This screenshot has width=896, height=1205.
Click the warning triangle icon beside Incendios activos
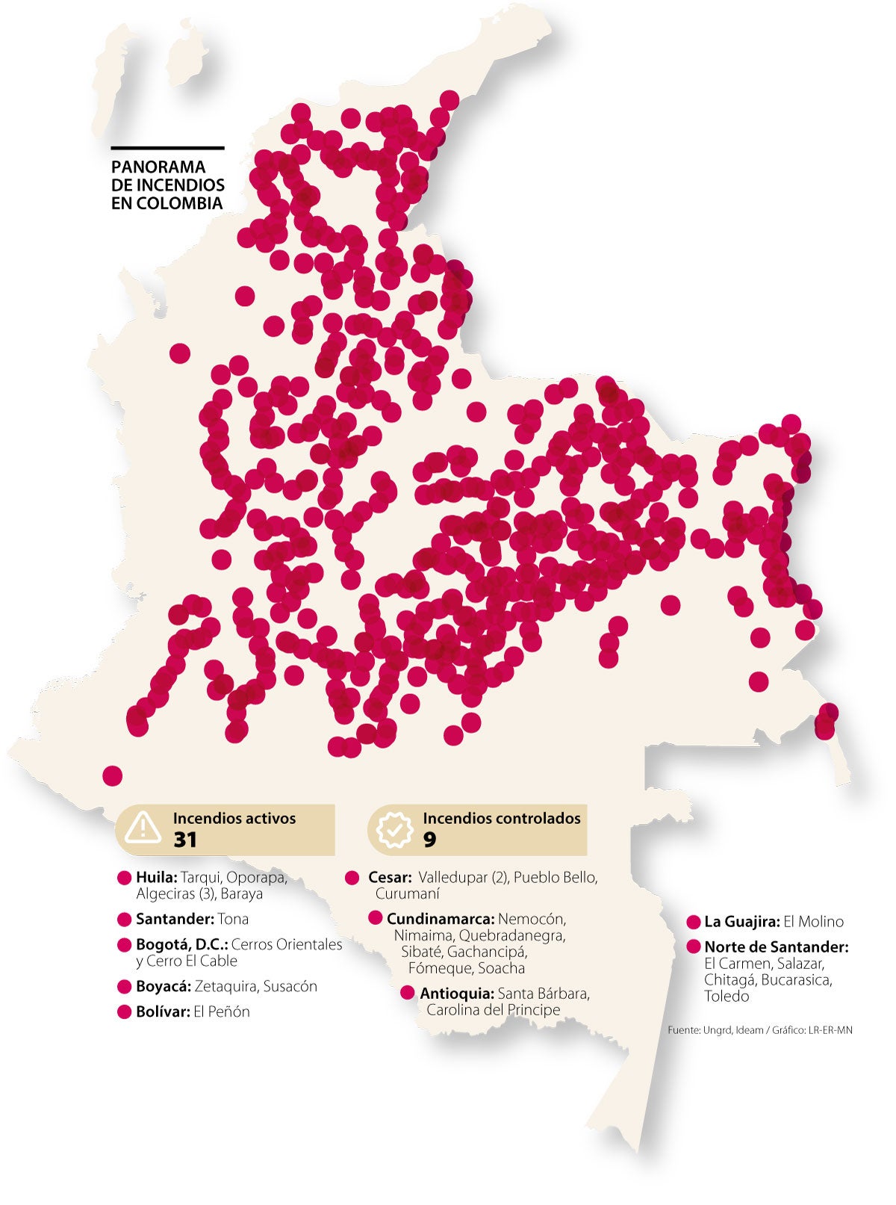143,828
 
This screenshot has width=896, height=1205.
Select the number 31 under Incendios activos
185,840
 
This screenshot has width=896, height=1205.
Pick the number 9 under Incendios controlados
429,840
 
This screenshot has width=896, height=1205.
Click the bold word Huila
156,878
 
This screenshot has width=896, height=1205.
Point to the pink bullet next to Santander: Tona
124,920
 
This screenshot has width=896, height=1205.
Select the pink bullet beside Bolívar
124,1012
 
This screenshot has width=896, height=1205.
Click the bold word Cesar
389,878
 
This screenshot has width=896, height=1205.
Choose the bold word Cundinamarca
440,919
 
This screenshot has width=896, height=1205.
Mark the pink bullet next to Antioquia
407,994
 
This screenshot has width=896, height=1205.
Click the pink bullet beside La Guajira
693,923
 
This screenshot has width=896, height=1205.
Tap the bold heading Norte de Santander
777,947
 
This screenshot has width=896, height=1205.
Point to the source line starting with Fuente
759,1030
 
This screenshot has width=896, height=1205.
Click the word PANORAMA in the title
158,167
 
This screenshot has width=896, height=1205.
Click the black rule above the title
167,148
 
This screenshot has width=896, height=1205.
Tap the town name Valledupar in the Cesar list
452,878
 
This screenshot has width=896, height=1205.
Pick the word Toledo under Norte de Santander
726,997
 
